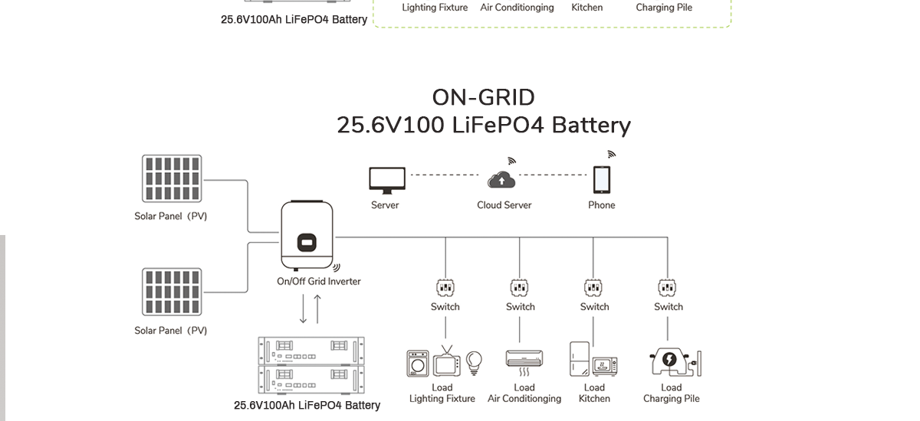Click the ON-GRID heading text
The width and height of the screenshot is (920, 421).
pos(483,97)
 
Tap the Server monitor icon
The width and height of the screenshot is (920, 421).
pos(386,180)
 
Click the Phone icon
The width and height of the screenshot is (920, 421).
pos(602,181)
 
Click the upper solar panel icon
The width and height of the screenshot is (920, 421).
pos(172,179)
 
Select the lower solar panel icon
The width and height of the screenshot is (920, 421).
pos(172,292)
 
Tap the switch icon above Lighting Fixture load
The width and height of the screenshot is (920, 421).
pos(445,288)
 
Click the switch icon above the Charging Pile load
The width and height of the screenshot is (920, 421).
pos(668,288)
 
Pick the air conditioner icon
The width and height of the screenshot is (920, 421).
pos(524,358)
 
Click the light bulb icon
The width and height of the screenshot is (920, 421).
pos(475,360)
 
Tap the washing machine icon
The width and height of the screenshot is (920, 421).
pos(418,363)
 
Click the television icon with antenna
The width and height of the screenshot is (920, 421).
pos(446,361)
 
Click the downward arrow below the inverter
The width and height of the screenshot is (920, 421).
pos(303,308)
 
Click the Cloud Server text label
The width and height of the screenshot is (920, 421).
pos(504,205)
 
